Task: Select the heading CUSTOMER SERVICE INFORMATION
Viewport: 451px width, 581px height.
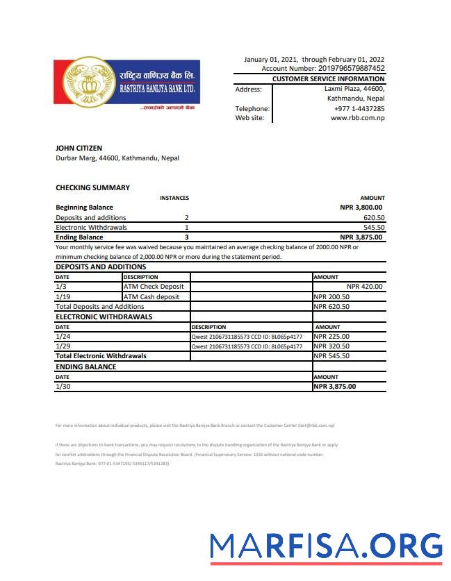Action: (328, 79)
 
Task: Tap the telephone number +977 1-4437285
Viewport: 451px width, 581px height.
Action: (359, 109)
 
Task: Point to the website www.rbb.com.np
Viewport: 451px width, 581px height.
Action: (358, 118)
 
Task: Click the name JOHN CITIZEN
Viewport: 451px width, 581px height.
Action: (79, 148)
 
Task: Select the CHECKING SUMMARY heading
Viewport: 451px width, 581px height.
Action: (92, 187)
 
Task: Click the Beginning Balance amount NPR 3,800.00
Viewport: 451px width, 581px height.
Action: (361, 207)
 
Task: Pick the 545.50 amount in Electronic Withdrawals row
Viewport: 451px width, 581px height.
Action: (374, 227)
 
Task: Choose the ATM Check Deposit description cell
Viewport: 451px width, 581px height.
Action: (154, 286)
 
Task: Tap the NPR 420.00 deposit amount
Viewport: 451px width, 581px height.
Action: (364, 286)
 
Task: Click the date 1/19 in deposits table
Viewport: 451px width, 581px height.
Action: (62, 296)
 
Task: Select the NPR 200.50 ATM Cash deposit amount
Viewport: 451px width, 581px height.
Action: (331, 296)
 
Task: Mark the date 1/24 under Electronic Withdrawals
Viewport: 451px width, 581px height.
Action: (62, 337)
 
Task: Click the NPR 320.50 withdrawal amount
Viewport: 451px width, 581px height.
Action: (331, 346)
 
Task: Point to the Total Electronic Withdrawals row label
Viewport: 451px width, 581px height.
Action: (101, 355)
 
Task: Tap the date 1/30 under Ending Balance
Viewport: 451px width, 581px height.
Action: (62, 387)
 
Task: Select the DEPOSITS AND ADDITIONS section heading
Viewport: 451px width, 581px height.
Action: (101, 267)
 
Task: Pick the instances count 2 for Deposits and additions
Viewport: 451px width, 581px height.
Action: (186, 217)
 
